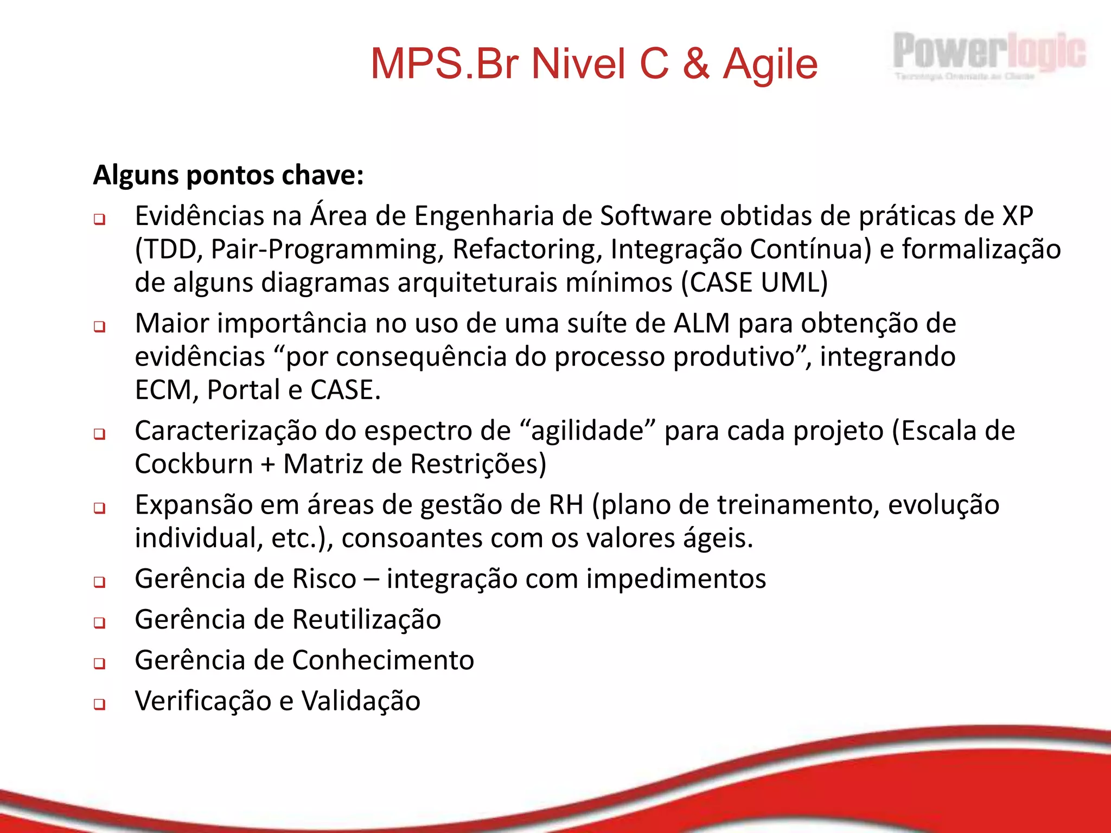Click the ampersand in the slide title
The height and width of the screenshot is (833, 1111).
click(x=695, y=64)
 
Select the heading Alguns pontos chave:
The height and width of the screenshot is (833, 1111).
click(x=228, y=175)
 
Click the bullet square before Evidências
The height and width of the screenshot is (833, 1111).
click(x=99, y=220)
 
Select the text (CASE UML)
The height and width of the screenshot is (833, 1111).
click(x=755, y=283)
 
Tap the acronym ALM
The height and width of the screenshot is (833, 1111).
click(x=701, y=324)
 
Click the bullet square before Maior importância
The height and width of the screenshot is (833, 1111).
click(x=99, y=327)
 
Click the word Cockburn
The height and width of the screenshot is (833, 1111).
click(x=194, y=464)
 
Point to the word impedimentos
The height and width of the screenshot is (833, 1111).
click(x=676, y=579)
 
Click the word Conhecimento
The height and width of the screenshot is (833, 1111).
click(x=383, y=661)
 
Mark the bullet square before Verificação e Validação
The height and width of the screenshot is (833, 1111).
click(x=99, y=704)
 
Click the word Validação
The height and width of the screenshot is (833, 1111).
click(x=361, y=701)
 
